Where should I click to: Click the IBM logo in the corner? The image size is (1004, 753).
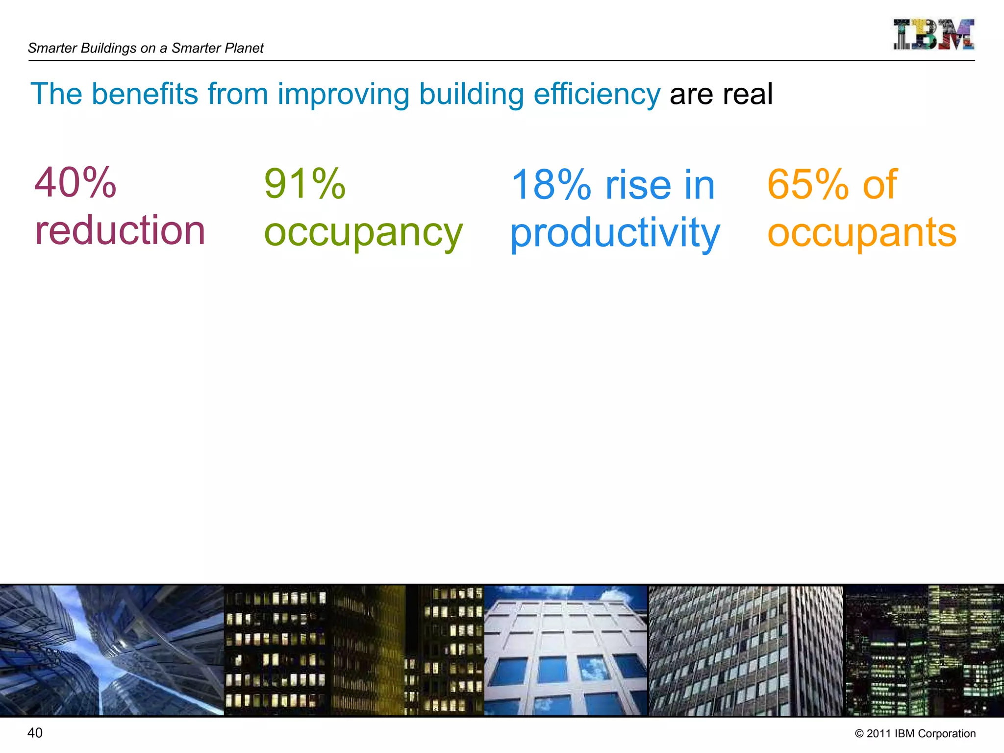click(x=933, y=34)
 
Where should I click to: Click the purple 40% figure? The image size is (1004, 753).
click(x=75, y=182)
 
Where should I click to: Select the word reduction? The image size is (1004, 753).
click(x=120, y=230)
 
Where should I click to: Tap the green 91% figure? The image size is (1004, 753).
click(x=304, y=184)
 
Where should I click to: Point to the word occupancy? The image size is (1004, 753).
click(x=363, y=233)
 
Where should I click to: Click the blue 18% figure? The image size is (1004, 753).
click(x=551, y=185)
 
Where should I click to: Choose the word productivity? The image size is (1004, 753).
click(x=615, y=233)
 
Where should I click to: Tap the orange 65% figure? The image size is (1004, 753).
click(x=807, y=184)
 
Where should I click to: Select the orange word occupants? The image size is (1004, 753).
click(x=862, y=233)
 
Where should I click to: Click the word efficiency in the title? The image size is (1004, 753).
click(x=597, y=94)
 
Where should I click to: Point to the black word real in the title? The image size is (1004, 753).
click(x=748, y=94)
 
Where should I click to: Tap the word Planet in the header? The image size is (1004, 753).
click(x=244, y=48)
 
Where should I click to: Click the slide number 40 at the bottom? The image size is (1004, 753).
click(x=35, y=733)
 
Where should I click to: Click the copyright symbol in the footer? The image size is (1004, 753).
click(x=859, y=734)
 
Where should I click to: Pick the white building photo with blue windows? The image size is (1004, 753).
click(x=566, y=650)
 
